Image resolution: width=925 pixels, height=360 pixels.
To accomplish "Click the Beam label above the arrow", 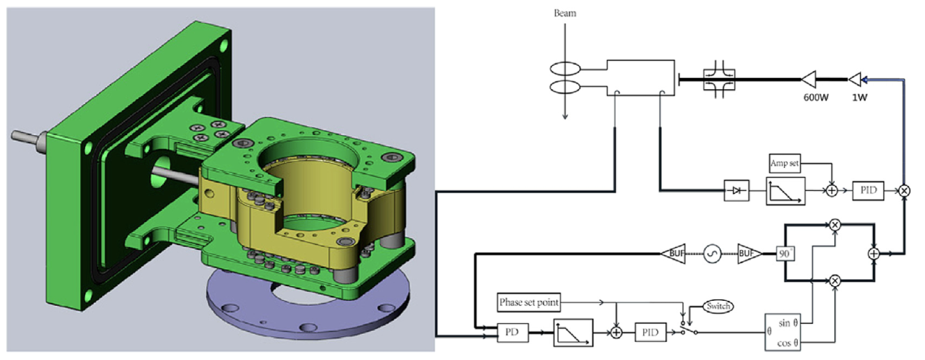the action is (x=564, y=13).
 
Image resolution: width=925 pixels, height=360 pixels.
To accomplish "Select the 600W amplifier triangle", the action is (x=809, y=79).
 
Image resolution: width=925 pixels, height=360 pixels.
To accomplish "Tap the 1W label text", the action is (x=860, y=97).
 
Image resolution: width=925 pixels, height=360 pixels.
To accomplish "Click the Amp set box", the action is (x=784, y=163).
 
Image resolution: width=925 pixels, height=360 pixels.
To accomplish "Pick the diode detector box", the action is (x=736, y=191).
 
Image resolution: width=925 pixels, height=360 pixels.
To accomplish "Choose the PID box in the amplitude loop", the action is (x=868, y=191).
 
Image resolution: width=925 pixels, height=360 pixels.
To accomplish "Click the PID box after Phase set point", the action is (x=650, y=332).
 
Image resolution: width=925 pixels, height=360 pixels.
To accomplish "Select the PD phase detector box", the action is (x=512, y=332).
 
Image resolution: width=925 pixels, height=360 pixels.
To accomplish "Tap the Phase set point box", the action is (x=528, y=302).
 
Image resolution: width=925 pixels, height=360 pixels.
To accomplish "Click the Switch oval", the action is (x=718, y=306).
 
